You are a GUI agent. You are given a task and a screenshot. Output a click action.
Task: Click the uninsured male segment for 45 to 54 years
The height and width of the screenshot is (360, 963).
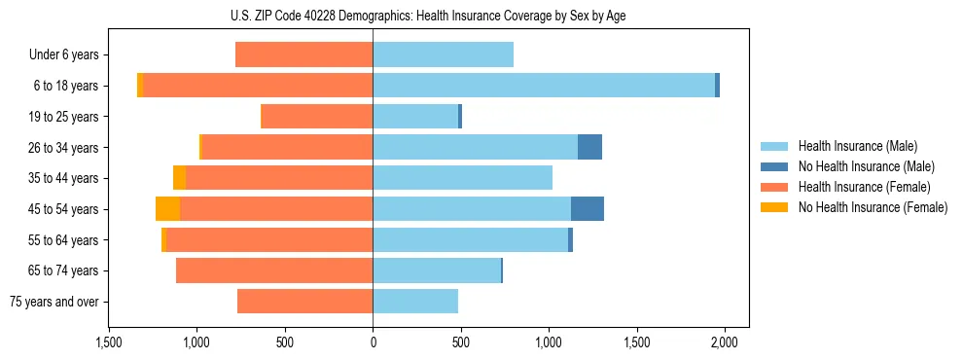point(588,209)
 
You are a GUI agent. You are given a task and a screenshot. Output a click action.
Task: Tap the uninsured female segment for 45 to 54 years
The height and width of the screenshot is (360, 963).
point(167,209)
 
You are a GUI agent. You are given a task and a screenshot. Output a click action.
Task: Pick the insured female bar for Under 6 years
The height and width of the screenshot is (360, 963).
point(303,55)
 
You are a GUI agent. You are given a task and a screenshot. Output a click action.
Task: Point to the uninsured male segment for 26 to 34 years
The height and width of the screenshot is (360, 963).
point(589,148)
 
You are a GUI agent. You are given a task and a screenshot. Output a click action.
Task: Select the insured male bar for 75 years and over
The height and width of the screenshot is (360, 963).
point(415,302)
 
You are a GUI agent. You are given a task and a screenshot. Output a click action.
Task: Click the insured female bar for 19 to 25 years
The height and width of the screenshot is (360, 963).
point(316,117)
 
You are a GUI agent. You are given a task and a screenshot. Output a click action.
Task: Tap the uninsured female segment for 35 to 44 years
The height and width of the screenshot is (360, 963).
point(179,178)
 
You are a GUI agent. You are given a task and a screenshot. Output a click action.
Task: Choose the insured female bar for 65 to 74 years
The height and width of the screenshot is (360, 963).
point(274,270)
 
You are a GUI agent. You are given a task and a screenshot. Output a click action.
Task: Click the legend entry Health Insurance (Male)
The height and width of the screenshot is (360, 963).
point(857,146)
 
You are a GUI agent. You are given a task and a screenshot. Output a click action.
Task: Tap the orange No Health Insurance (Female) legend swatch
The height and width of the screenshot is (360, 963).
point(774,207)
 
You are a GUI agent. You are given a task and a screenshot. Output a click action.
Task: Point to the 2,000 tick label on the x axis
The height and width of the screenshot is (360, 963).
point(725,343)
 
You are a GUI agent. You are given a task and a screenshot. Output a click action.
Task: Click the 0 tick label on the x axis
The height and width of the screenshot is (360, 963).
point(373,343)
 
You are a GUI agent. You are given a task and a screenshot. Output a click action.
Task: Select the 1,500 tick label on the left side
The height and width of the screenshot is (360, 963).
point(109,343)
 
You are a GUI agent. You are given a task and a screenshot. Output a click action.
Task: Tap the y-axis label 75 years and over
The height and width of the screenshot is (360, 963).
point(54,302)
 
